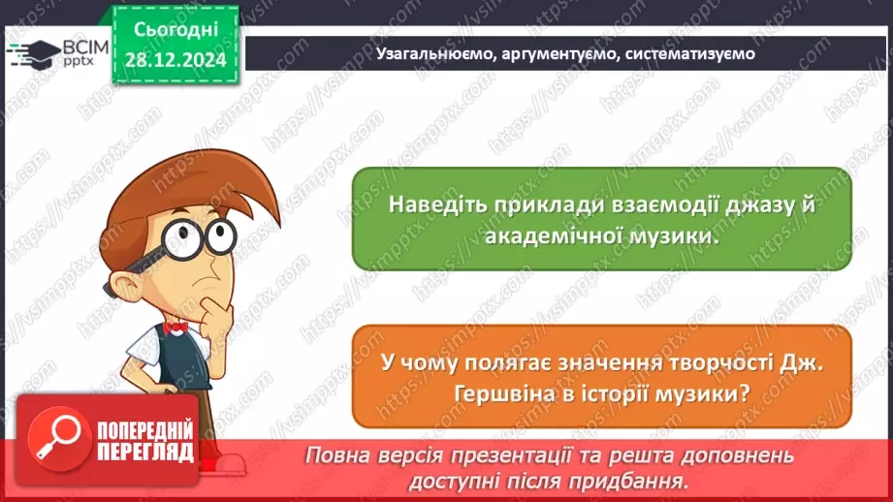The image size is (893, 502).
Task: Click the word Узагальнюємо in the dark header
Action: [x=435, y=53]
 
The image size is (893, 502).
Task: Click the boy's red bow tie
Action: [x=175, y=328]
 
